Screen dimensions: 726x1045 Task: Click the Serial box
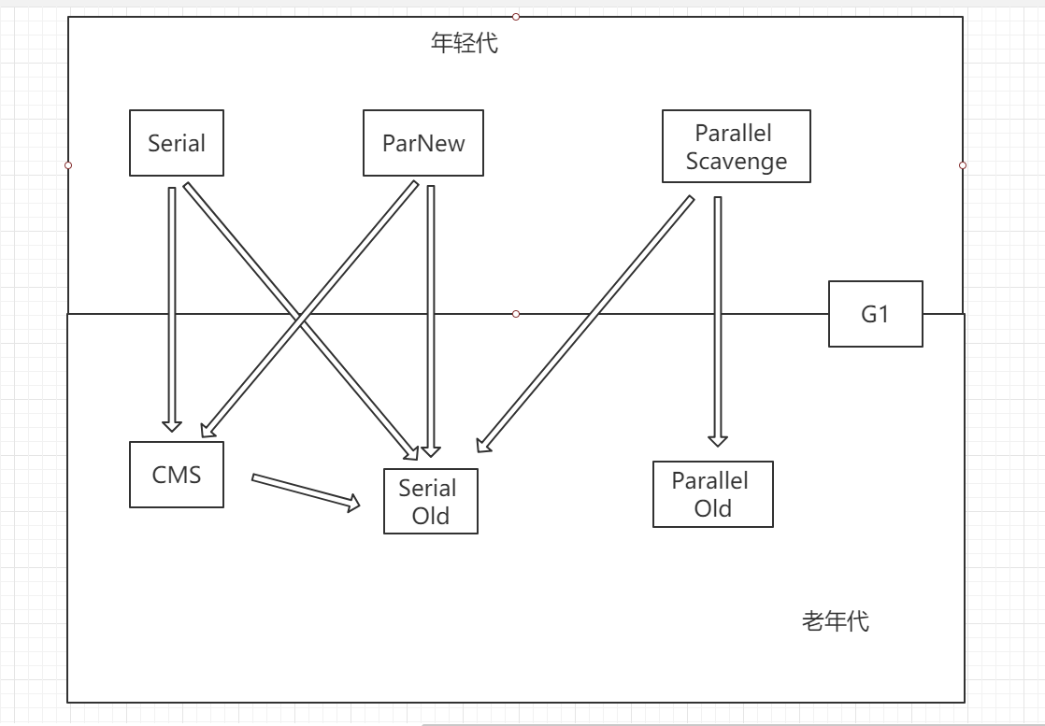[177, 143]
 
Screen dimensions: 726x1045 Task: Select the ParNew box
[423, 143]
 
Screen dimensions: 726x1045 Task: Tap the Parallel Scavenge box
[736, 147]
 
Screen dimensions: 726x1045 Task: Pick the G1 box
[875, 314]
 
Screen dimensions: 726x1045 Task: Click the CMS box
[177, 475]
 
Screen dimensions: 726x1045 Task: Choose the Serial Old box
[430, 502]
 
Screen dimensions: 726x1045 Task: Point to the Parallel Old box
[712, 494]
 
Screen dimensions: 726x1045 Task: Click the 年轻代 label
[464, 44]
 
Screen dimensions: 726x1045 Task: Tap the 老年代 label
[835, 621]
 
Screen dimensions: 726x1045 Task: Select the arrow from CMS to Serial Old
[306, 491]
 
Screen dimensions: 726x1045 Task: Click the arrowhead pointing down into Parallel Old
[717, 437]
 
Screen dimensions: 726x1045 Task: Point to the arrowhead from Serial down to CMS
[171, 422]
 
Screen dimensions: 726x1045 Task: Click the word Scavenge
[736, 161]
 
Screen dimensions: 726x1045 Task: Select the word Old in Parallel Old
[712, 509]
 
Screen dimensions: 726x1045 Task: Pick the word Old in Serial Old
[430, 516]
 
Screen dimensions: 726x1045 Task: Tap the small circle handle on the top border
[515, 16]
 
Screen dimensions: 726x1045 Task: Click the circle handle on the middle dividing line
[516, 314]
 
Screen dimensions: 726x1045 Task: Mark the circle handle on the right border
[963, 165]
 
